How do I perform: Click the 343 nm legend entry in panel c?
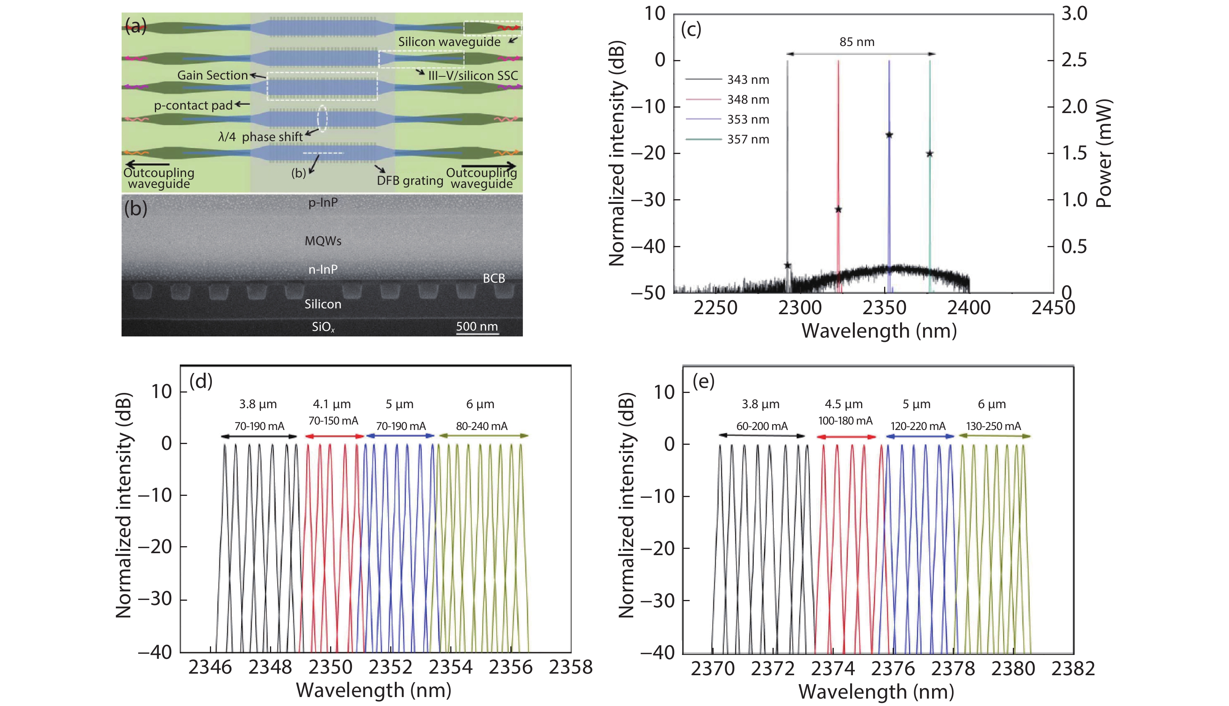click(747, 80)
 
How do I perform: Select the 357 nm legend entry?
click(747, 140)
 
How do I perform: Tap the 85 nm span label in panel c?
click(857, 42)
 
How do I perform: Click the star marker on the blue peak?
click(889, 135)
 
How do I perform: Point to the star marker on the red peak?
click(838, 209)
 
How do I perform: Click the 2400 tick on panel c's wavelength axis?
click(968, 308)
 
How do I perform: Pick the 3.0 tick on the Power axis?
click(1074, 14)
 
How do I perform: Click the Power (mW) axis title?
click(1104, 153)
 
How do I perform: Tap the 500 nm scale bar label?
click(476, 326)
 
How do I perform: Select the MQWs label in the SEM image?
click(323, 241)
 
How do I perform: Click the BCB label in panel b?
click(494, 278)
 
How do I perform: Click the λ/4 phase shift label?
click(260, 137)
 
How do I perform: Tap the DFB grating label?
click(410, 180)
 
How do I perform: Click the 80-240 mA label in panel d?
click(481, 426)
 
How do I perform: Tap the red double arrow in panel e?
click(846, 437)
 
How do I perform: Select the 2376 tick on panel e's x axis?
click(892, 669)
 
